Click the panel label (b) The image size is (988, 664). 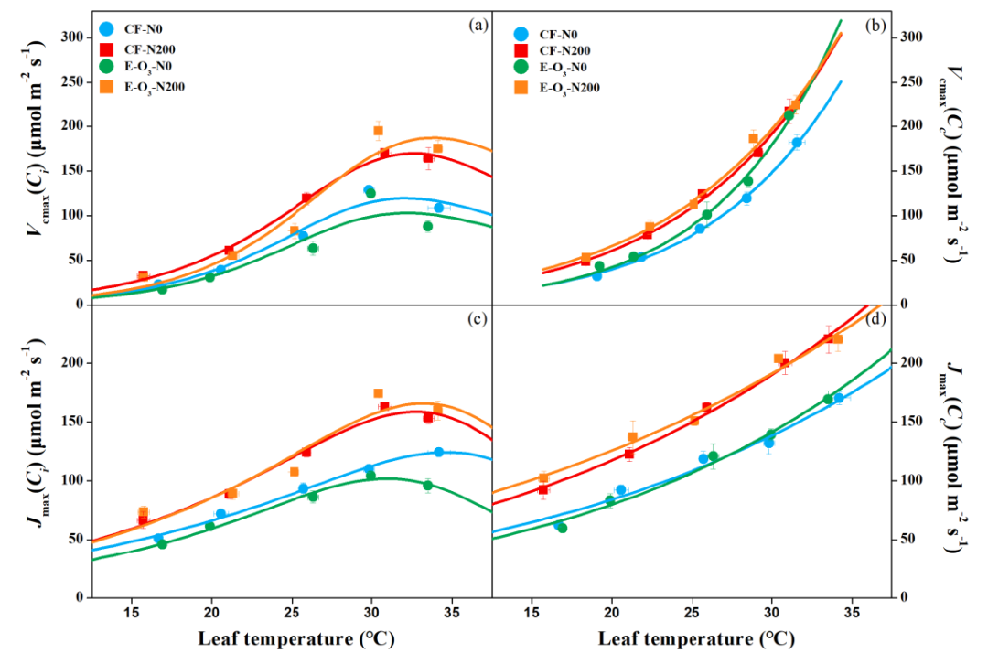(x=875, y=26)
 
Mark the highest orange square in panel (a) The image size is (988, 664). (x=378, y=131)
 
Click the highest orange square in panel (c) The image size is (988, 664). (x=378, y=393)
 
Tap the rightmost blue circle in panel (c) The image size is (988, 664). (x=438, y=452)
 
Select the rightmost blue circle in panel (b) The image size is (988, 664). (x=797, y=143)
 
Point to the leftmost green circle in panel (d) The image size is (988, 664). (x=562, y=528)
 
